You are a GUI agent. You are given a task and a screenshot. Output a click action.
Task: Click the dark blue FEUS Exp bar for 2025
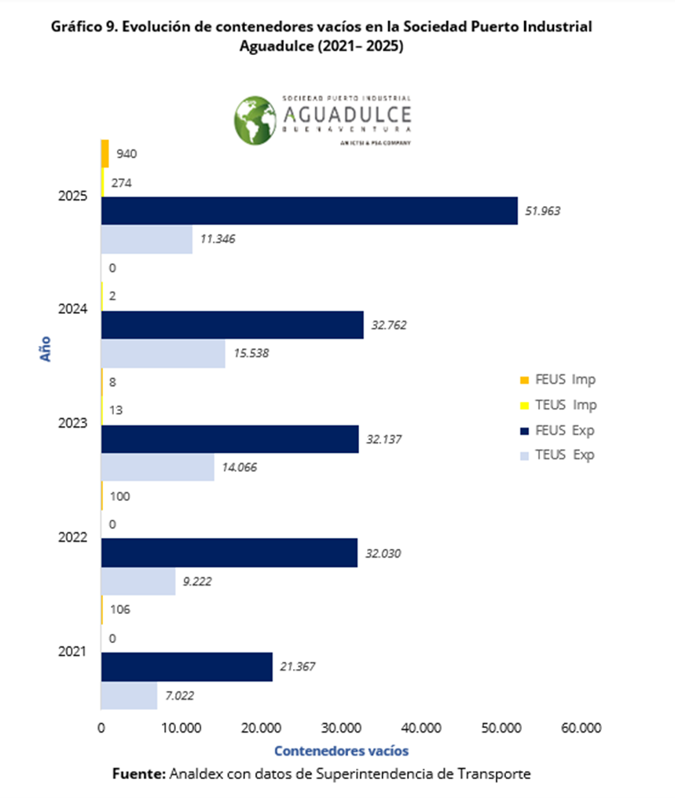pyautogui.click(x=310, y=211)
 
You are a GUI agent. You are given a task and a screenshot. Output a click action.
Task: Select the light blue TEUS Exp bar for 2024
pyautogui.click(x=163, y=353)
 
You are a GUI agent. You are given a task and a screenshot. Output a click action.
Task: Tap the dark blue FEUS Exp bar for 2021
pyautogui.click(x=187, y=667)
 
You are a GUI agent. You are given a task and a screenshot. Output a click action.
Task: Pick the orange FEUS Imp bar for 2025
pyautogui.click(x=105, y=153)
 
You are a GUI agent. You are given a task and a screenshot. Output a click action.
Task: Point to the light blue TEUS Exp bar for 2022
pyautogui.click(x=138, y=582)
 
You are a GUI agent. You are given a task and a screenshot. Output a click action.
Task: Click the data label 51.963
pyautogui.click(x=542, y=211)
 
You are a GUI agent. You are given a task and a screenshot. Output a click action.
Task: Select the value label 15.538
pyautogui.click(x=251, y=353)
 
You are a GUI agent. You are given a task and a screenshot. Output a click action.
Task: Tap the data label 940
pyautogui.click(x=126, y=154)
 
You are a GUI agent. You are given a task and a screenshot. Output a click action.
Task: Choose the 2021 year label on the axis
pyautogui.click(x=72, y=652)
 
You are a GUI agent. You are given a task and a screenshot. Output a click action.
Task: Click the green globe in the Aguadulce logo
pyautogui.click(x=256, y=119)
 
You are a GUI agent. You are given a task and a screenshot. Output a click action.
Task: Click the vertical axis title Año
pyautogui.click(x=46, y=348)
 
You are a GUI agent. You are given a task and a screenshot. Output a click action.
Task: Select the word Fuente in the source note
pyautogui.click(x=139, y=774)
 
